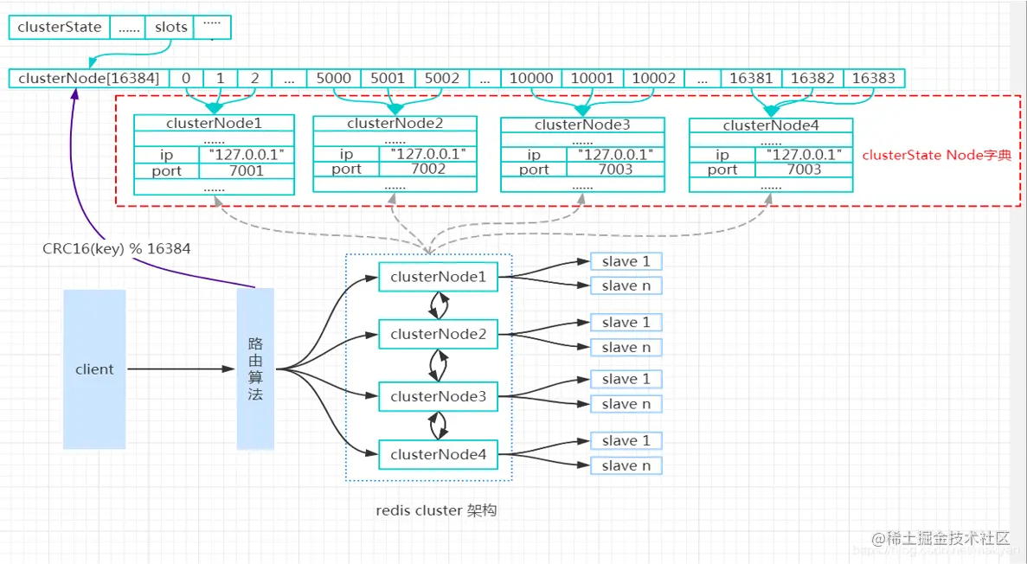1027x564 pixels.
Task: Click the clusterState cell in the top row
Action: coord(59,28)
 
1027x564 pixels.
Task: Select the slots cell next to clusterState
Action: coord(170,28)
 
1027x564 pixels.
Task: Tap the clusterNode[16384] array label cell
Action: coord(89,79)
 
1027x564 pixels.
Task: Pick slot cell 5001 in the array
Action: coord(388,79)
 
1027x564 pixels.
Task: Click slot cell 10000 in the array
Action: coord(531,79)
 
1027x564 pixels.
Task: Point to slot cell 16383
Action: coord(874,79)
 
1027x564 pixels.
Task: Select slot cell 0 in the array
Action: coord(186,79)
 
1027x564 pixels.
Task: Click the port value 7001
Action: coord(247,170)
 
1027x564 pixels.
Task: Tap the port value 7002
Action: coord(428,169)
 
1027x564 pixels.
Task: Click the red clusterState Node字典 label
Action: coord(936,156)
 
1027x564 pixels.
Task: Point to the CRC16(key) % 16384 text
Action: coord(117,248)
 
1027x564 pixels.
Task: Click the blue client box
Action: coord(94,369)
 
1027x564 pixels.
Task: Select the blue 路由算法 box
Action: coord(255,369)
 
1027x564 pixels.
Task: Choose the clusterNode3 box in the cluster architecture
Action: coord(439,397)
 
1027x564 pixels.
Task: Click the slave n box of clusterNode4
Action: coord(626,466)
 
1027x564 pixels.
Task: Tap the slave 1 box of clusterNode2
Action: coord(626,323)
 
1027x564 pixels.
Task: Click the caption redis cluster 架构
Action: coord(436,510)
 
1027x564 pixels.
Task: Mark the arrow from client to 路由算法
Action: coord(182,369)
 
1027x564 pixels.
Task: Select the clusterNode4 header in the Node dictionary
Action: coord(770,126)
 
